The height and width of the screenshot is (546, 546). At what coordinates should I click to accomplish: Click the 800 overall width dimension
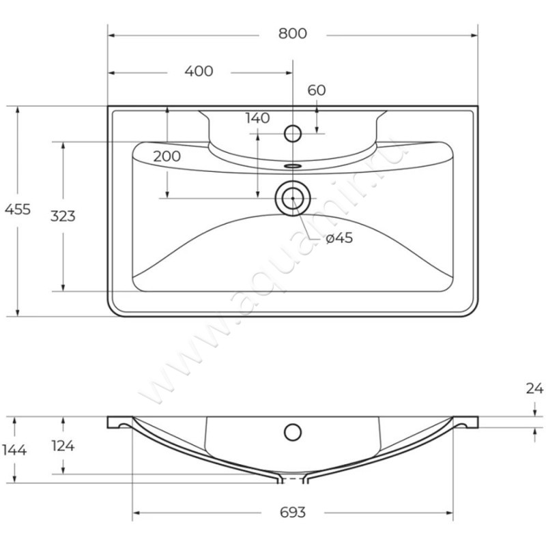point(292,33)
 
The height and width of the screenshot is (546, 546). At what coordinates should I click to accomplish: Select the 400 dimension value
point(199,71)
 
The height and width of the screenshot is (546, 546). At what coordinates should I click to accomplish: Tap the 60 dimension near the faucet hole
point(317,90)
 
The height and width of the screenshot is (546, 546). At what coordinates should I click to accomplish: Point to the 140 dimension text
point(257,118)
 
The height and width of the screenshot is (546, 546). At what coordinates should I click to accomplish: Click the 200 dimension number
point(167,156)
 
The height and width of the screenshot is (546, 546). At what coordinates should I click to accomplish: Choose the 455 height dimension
point(18,210)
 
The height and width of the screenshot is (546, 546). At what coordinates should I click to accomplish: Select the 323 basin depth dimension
point(63,216)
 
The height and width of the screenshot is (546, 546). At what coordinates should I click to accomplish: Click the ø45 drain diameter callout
point(339,238)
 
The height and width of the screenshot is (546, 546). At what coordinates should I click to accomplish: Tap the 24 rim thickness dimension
point(535,390)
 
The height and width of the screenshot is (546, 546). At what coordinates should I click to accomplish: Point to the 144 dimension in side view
point(14,450)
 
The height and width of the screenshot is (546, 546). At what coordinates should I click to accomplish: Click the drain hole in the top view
point(293,198)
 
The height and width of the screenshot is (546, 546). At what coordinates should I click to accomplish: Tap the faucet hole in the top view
point(293,132)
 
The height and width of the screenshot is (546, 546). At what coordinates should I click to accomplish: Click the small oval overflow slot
point(293,165)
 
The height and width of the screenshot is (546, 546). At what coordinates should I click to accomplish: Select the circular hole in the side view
point(293,431)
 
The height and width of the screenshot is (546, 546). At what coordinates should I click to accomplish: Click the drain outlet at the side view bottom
point(293,480)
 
